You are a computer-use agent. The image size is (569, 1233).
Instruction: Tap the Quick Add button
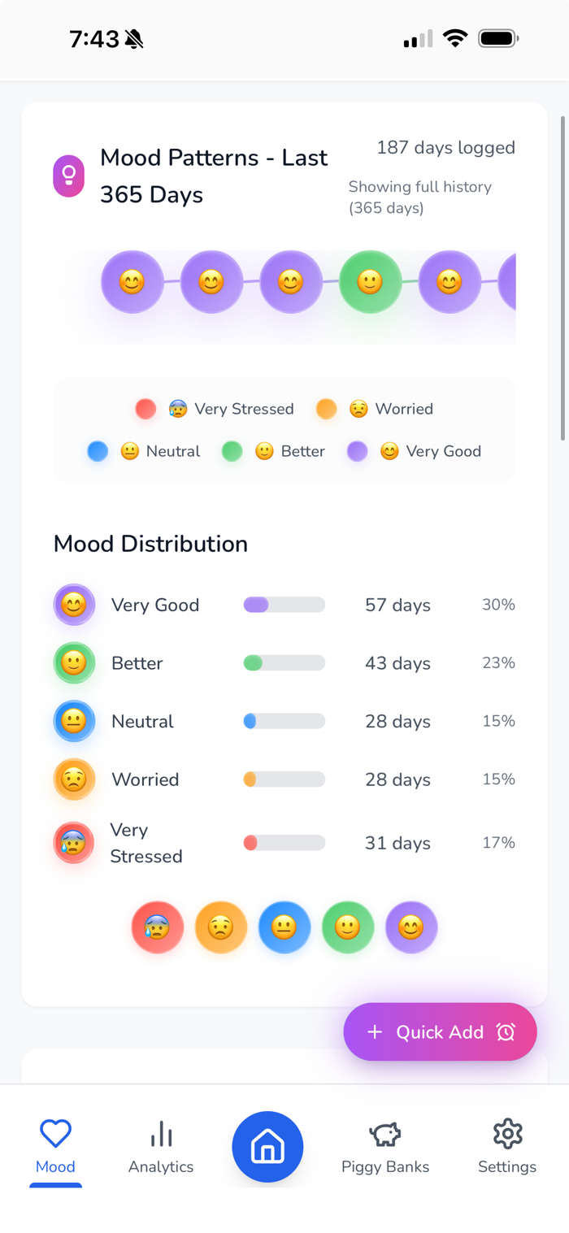[440, 1031]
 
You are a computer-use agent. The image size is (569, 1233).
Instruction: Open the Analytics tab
[161, 1147]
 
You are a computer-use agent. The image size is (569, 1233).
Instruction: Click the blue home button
[267, 1147]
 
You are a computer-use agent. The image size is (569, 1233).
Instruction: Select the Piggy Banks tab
[385, 1147]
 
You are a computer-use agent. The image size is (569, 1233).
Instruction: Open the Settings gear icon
[507, 1134]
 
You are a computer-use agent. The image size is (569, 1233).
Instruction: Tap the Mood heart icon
[55, 1134]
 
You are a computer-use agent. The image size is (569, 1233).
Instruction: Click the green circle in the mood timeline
[370, 282]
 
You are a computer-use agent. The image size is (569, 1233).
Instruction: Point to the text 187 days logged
[445, 148]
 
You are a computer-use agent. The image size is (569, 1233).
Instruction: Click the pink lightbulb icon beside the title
[69, 176]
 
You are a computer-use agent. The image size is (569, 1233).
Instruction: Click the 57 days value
[397, 605]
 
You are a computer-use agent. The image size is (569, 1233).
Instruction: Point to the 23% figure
[498, 663]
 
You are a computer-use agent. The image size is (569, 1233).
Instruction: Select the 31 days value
[397, 843]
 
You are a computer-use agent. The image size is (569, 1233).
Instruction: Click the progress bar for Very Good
[284, 605]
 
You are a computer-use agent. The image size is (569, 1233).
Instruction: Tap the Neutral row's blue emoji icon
[74, 721]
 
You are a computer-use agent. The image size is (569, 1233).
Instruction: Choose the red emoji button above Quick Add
[157, 927]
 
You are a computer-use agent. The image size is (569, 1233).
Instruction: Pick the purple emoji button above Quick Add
[411, 927]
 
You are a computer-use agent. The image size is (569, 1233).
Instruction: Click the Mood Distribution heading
[150, 544]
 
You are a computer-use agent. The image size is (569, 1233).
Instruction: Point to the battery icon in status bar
[498, 38]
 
